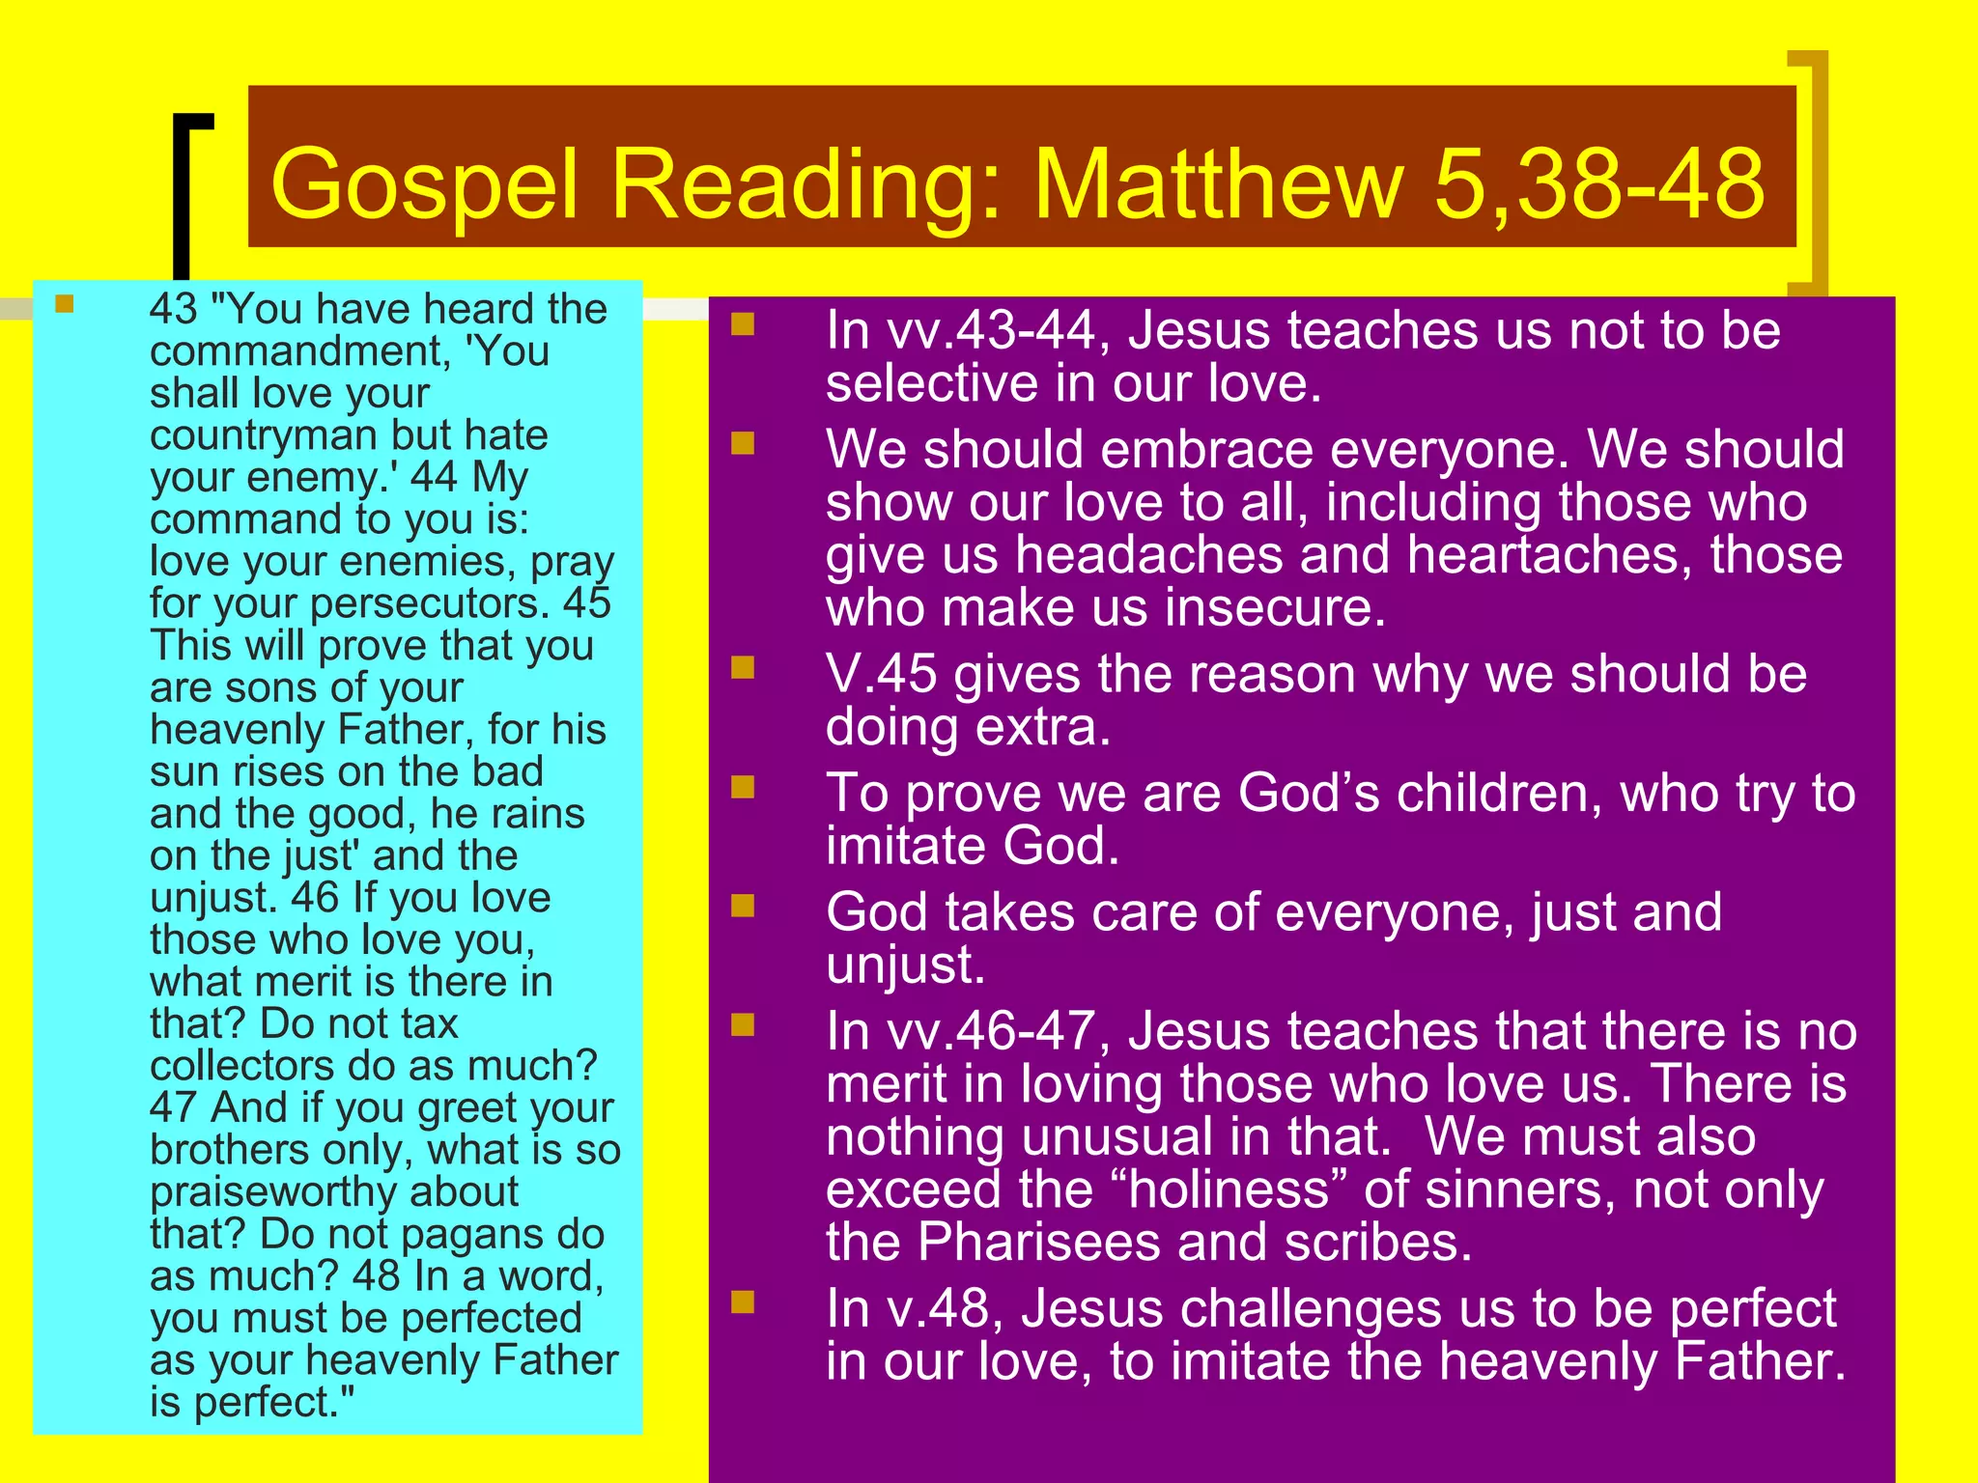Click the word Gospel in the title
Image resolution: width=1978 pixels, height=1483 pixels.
click(425, 183)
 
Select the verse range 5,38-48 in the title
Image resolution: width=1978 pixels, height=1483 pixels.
click(1599, 183)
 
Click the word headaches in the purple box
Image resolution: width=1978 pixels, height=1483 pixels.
click(1148, 555)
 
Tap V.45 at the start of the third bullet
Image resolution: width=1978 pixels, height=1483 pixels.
click(881, 674)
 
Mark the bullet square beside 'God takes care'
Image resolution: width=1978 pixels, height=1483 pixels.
click(742, 906)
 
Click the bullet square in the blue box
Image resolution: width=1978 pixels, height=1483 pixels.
click(65, 305)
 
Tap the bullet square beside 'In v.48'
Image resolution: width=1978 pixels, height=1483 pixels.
click(742, 1302)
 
